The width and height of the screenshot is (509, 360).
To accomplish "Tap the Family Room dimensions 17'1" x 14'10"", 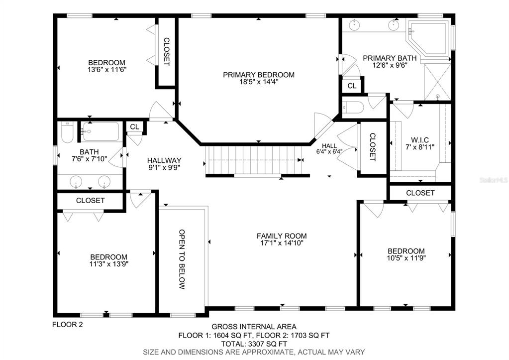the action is click(282, 243).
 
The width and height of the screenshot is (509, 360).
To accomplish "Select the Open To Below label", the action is click(182, 259).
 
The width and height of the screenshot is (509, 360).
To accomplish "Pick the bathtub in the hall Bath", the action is click(101, 131).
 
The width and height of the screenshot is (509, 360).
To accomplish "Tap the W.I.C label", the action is click(420, 140).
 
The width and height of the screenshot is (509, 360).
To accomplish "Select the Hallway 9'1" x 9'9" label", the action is click(164, 164).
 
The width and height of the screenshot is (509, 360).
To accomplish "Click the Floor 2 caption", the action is click(68, 324).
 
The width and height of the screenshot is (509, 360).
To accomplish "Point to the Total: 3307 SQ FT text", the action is click(254, 344).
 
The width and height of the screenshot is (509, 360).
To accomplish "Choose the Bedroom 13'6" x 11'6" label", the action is click(107, 66).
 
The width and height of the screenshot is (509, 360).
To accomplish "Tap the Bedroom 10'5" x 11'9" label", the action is click(406, 254).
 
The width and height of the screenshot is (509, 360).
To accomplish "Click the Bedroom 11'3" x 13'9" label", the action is click(109, 260).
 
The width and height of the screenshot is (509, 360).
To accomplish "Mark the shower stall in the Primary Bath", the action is click(437, 82).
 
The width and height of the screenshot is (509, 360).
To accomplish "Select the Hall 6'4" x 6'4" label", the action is click(329, 148).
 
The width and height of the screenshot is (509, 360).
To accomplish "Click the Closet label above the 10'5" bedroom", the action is click(420, 193).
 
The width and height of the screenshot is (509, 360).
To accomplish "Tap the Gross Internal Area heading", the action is click(254, 327).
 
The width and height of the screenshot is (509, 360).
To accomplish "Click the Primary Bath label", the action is click(390, 61).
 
